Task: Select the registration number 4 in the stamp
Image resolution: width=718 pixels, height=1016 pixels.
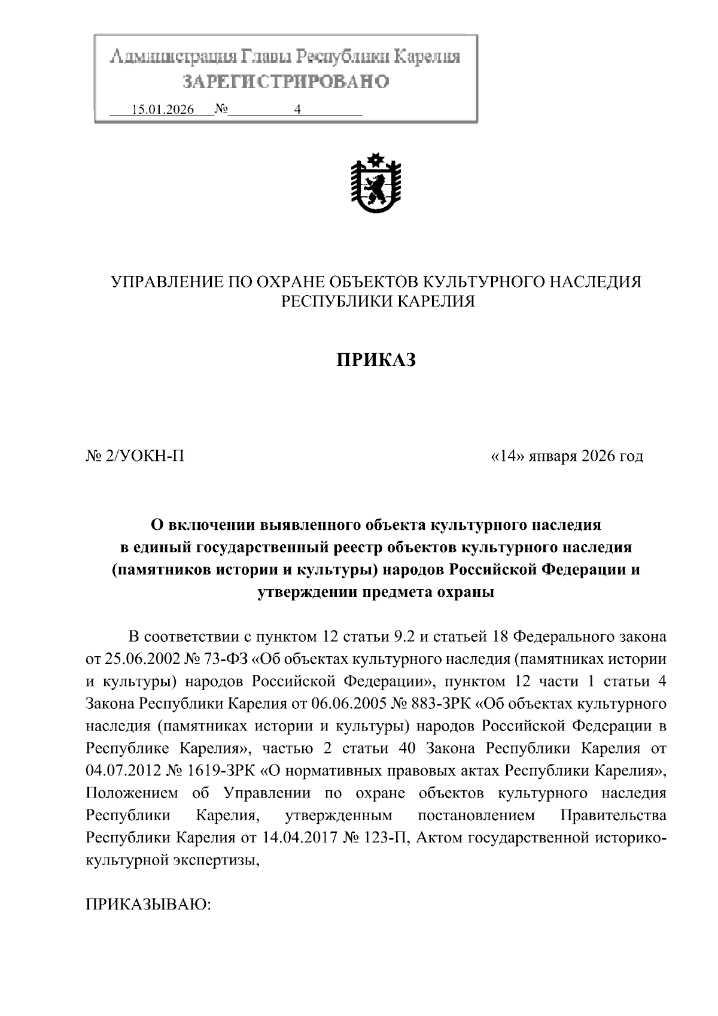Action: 296,110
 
